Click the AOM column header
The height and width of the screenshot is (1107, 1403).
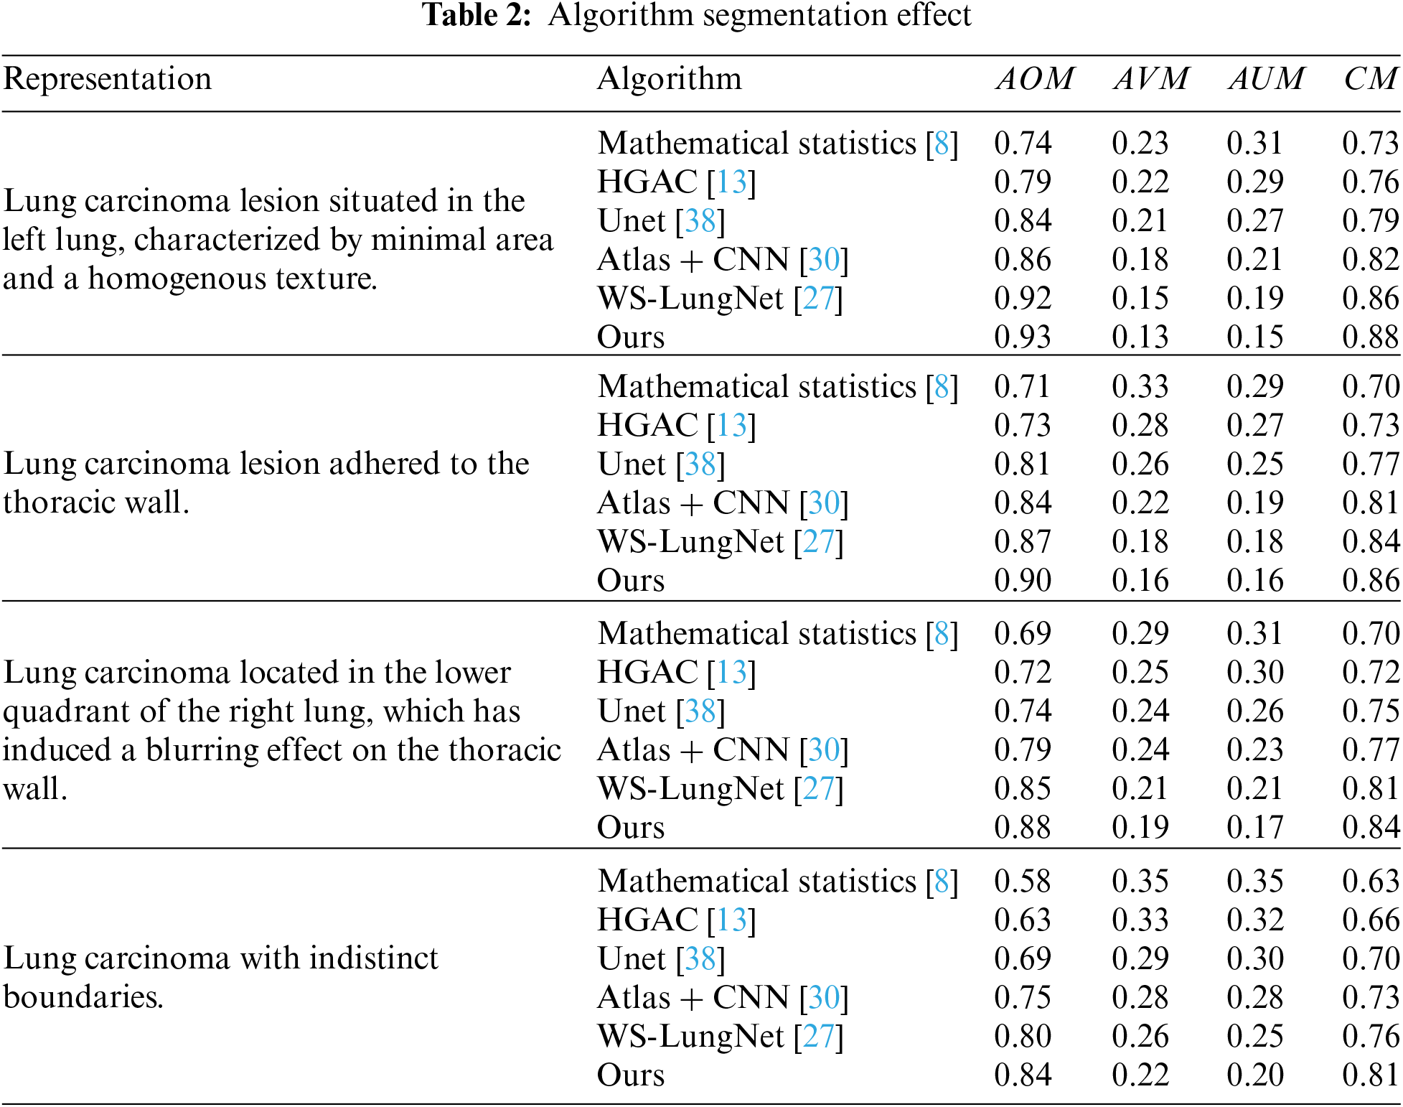[x=1034, y=78]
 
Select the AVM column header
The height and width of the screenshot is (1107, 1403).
[x=1150, y=78]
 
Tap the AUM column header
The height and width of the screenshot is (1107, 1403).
[x=1266, y=78]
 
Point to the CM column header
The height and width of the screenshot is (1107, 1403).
[x=1370, y=78]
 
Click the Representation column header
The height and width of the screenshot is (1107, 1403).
[x=108, y=78]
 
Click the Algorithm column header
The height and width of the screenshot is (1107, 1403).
[x=669, y=78]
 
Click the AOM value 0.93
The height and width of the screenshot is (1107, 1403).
[x=1023, y=337]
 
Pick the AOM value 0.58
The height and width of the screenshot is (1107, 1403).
[x=1023, y=881]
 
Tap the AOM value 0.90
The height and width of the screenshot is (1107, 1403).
[x=1023, y=580]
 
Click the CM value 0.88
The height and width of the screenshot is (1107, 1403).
[x=1370, y=337]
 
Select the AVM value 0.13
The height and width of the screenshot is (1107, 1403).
[x=1140, y=337]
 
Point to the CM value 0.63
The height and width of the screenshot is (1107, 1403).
[x=1370, y=881]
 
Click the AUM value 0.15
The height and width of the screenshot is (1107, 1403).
[x=1254, y=337]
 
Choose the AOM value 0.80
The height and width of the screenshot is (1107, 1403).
[x=1023, y=1036]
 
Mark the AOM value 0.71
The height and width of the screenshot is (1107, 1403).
[x=1023, y=386]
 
